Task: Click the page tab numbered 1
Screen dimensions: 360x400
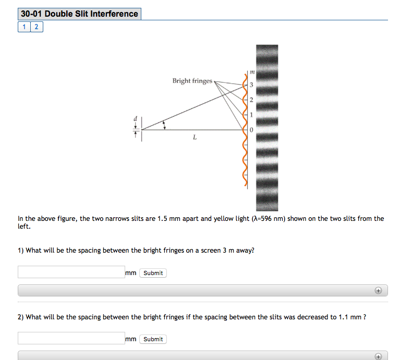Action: click(24, 27)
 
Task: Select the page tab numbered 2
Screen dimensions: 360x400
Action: click(37, 27)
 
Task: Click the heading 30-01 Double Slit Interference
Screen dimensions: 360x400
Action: click(79, 14)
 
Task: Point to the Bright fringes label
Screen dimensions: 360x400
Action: click(192, 81)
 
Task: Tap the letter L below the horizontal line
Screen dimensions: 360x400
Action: click(195, 138)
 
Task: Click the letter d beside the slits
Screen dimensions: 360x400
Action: click(136, 119)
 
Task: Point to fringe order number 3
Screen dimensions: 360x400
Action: click(251, 85)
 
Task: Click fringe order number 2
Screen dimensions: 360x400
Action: click(251, 100)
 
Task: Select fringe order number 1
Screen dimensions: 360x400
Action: click(251, 115)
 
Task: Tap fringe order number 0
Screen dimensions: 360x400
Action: click(251, 130)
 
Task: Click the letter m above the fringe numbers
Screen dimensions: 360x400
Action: click(251, 71)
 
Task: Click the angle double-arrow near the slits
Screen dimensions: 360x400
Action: click(165, 126)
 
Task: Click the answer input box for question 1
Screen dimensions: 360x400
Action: click(71, 272)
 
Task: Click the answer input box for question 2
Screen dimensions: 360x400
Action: click(71, 338)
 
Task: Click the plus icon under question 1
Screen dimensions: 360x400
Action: click(379, 290)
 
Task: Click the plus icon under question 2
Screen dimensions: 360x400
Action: click(379, 356)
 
